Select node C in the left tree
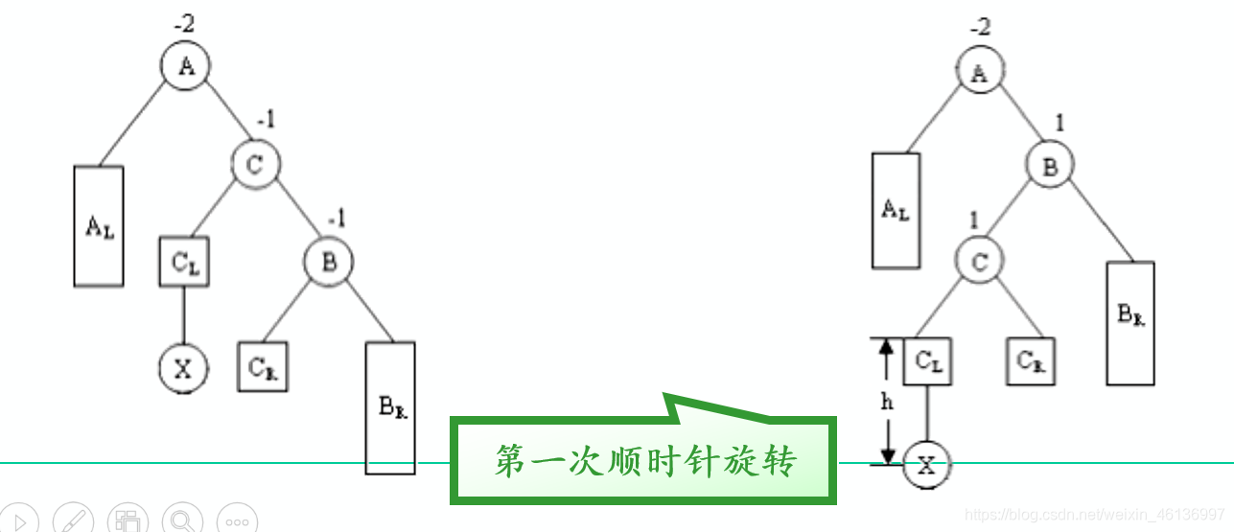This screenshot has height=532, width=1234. click(255, 164)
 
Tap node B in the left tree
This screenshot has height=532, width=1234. click(329, 261)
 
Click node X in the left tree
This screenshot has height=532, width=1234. click(183, 367)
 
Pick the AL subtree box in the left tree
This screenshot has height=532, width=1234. click(99, 226)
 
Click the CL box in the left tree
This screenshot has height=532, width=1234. click(184, 261)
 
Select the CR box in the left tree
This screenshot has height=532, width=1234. click(263, 367)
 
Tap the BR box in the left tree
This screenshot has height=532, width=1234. click(390, 407)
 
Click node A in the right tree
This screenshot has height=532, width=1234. click(979, 73)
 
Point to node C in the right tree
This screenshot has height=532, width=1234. click(979, 261)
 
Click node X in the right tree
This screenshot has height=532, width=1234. click(925, 466)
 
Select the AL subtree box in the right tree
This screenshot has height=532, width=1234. click(896, 210)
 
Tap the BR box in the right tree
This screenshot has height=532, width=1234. click(1131, 322)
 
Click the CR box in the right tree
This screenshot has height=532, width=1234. click(1031, 361)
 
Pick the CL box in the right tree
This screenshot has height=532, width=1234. click(927, 361)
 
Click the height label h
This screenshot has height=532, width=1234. click(887, 403)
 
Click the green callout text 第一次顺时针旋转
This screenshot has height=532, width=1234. click(644, 461)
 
